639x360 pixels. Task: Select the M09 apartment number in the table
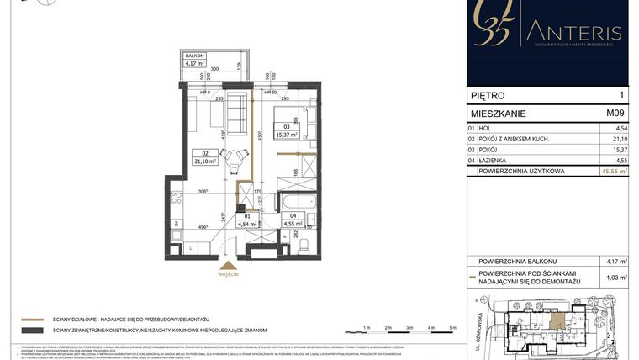615,111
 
